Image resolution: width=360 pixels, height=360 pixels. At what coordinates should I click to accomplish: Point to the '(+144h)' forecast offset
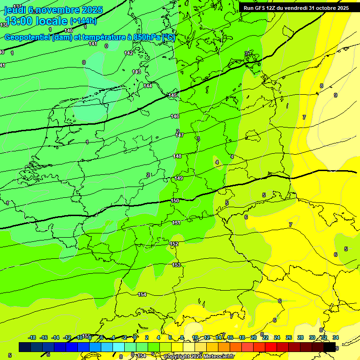(x=83, y=21)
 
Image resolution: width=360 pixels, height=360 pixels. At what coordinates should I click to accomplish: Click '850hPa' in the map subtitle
(x=145, y=37)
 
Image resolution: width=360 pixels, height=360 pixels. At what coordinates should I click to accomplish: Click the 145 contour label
(x=172, y=95)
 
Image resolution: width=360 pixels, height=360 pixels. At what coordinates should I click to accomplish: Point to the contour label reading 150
(x=175, y=201)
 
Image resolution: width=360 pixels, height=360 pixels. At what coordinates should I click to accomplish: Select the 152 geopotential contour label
(x=174, y=244)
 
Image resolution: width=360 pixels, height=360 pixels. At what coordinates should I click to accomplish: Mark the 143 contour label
(x=136, y=72)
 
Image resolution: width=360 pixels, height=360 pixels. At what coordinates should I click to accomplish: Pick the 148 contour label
(x=177, y=156)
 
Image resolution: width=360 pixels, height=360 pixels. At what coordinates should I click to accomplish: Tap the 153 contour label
(x=176, y=265)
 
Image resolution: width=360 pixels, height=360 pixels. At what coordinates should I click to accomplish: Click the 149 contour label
(x=179, y=178)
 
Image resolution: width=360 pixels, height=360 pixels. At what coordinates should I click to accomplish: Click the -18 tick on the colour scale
(x=32, y=337)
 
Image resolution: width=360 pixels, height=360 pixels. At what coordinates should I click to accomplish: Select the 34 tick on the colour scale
(x=336, y=337)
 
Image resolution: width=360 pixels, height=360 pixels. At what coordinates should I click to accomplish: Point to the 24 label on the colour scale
(x=277, y=337)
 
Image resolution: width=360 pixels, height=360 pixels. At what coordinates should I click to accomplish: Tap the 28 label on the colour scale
(x=300, y=337)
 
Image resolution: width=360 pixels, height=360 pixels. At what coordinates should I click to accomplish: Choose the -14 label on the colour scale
(x=55, y=337)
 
